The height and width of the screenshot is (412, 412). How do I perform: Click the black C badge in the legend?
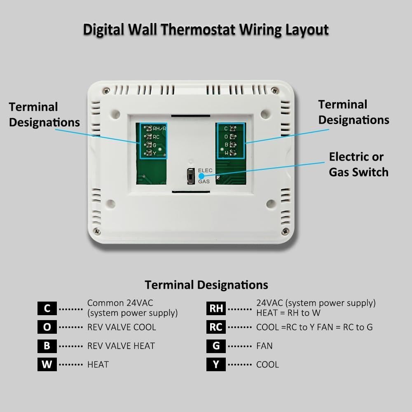pyautogui.click(x=47, y=308)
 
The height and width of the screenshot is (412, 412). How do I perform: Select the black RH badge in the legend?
pyautogui.click(x=216, y=308)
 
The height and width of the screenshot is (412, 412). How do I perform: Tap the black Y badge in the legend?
pyautogui.click(x=216, y=365)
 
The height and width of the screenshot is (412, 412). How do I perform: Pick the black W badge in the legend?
pyautogui.click(x=47, y=365)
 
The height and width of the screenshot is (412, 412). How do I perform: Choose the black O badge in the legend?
pyautogui.click(x=47, y=327)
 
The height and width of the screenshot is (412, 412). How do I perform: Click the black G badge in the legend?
pyautogui.click(x=216, y=346)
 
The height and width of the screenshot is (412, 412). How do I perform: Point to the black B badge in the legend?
pyautogui.click(x=47, y=346)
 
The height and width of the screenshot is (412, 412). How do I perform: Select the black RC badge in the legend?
pyautogui.click(x=216, y=327)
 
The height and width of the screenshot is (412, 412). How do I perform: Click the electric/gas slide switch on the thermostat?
pyautogui.click(x=191, y=176)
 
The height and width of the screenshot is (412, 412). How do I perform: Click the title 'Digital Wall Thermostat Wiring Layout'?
pyautogui.click(x=206, y=30)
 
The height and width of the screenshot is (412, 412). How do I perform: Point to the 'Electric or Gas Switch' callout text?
pyautogui.click(x=358, y=164)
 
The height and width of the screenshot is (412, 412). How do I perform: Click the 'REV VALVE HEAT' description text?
pyautogui.click(x=121, y=346)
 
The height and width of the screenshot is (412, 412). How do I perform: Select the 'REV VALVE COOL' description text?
pyautogui.click(x=122, y=327)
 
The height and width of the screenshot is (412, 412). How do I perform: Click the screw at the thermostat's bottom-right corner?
pyautogui.click(x=284, y=231)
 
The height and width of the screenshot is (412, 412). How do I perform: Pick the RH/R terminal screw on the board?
pyautogui.click(x=148, y=129)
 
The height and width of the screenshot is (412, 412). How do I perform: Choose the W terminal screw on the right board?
pyautogui.click(x=232, y=153)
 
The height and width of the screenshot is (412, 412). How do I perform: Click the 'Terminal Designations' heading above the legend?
pyautogui.click(x=206, y=285)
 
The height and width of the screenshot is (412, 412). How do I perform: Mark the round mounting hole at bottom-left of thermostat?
pyautogui.click(x=110, y=203)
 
